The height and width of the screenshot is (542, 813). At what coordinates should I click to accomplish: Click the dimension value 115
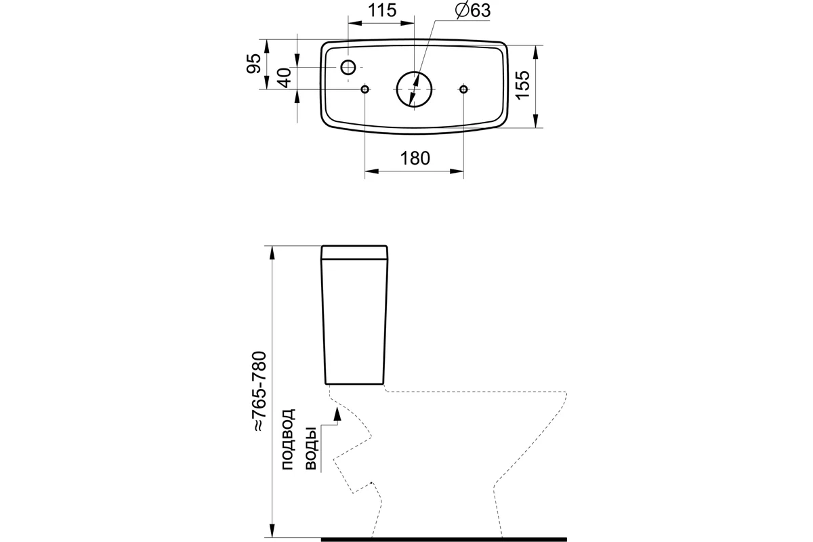coord(382,11)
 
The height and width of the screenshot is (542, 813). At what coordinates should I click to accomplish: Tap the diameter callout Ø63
coord(473,10)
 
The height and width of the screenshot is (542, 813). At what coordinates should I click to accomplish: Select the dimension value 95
coord(253,64)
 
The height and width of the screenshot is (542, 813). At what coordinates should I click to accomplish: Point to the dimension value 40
coord(286,78)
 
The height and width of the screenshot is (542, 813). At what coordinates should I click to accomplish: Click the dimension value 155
coord(522,85)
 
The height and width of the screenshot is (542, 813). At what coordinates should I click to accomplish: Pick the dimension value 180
coord(415,159)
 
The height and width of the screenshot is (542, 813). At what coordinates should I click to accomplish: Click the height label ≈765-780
coord(260,392)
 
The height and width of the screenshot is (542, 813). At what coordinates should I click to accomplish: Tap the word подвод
coord(288,440)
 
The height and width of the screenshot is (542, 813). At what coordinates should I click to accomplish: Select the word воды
coord(311,449)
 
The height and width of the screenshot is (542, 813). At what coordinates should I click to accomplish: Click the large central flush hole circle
coord(414,72)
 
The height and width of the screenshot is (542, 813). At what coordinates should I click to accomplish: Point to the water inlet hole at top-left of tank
coord(348,68)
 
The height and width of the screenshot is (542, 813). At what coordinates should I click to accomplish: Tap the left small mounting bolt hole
coord(364,89)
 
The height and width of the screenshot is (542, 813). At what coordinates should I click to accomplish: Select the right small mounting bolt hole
coord(463,89)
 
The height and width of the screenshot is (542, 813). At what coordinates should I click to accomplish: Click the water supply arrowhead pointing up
coord(337,413)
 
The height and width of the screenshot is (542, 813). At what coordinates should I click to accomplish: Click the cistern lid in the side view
coord(354,252)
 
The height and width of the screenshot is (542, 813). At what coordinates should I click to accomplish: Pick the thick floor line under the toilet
coord(444,539)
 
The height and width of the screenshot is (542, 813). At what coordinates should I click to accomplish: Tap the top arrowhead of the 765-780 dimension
coord(272,253)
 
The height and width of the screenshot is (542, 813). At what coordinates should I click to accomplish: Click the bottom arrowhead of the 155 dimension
coord(536,121)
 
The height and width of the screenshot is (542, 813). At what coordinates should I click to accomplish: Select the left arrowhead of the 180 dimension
coord(372,171)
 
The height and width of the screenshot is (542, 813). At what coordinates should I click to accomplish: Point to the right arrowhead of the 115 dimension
coord(407,23)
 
